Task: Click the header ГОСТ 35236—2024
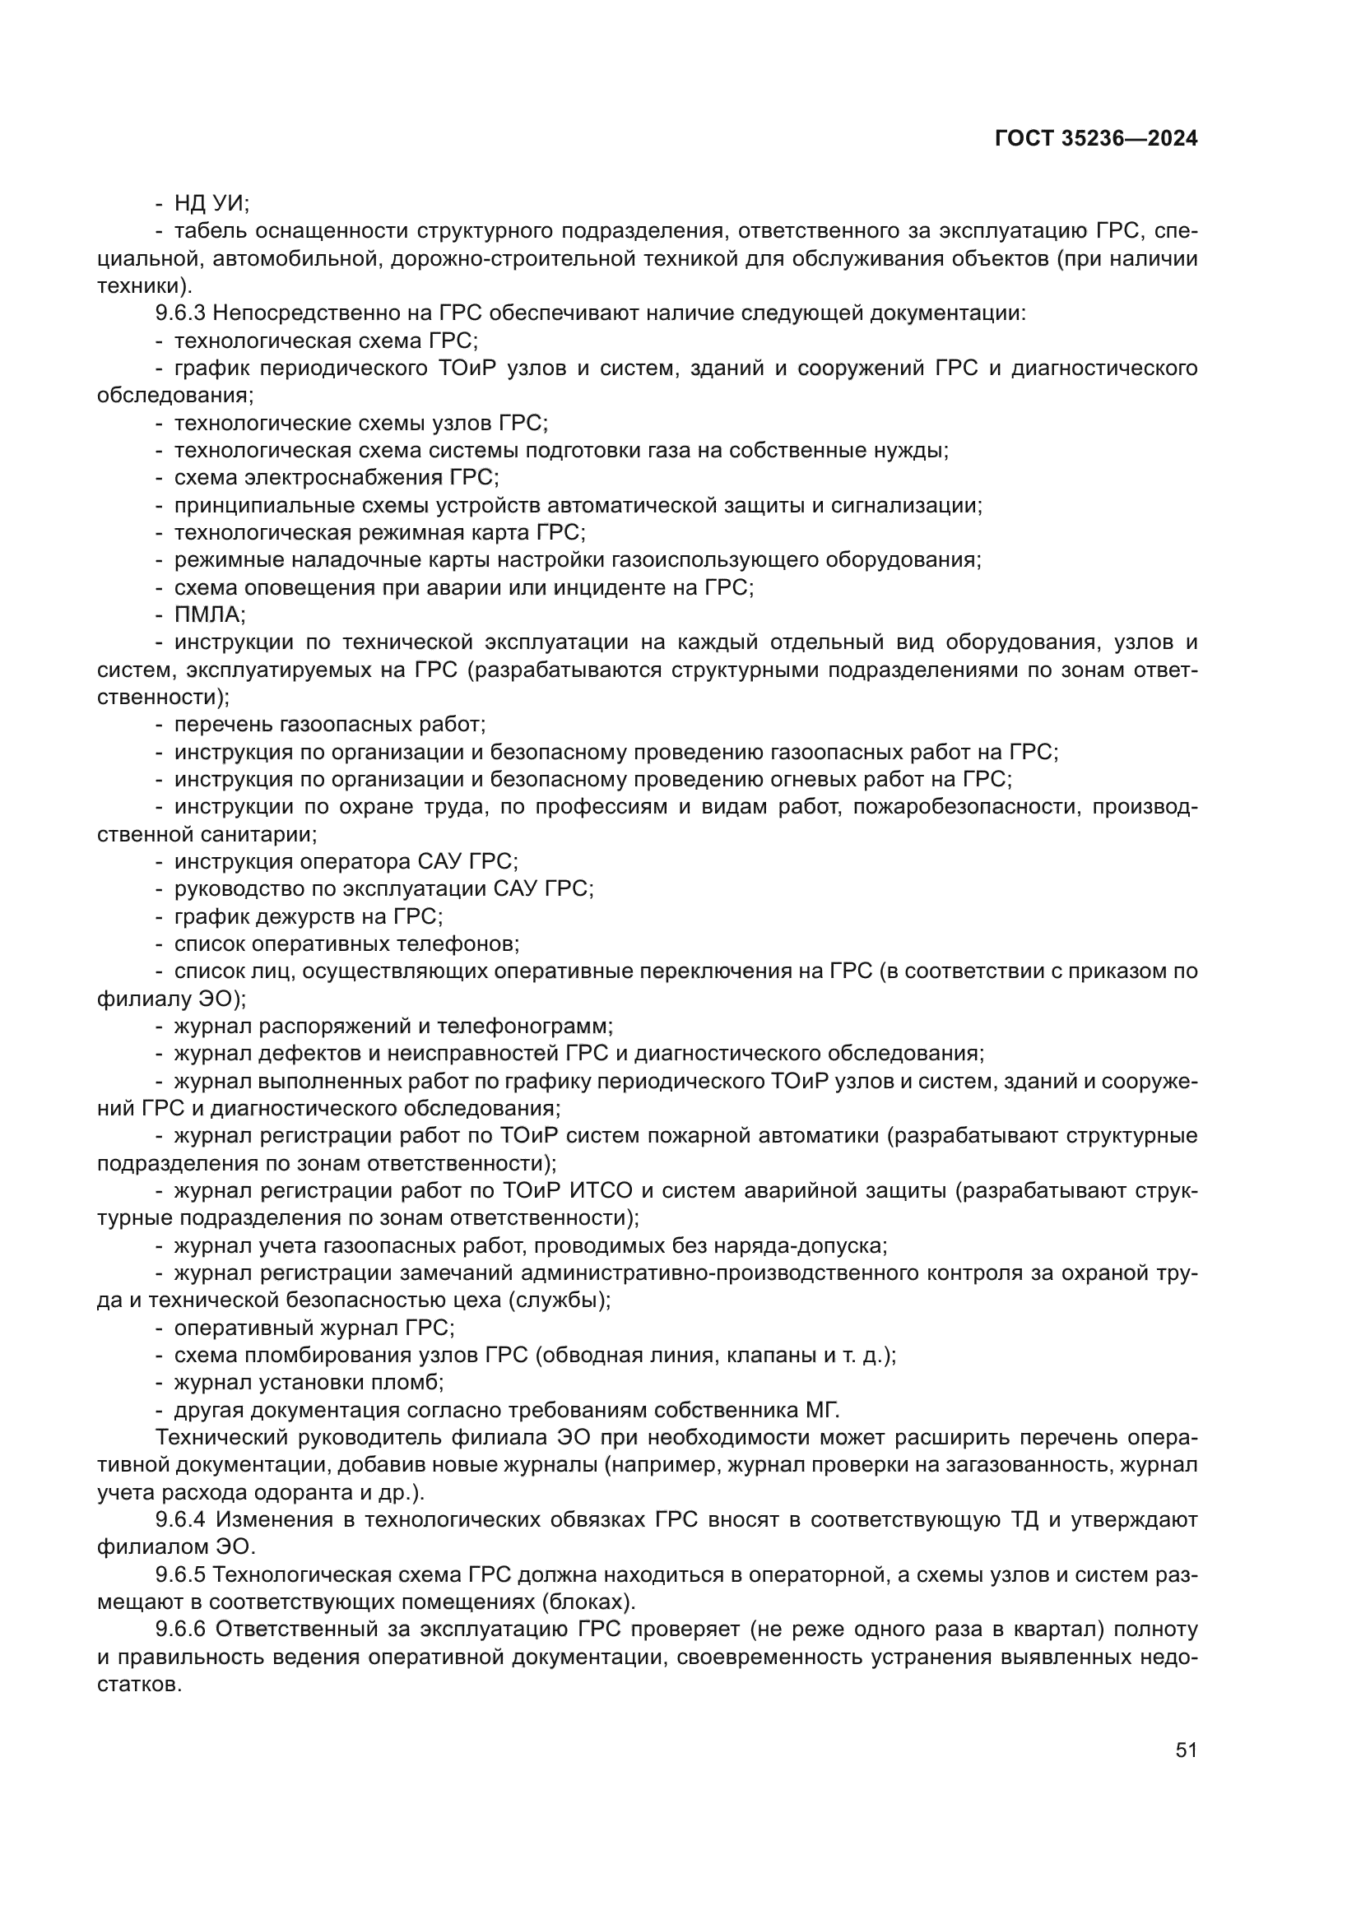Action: click(x=1095, y=139)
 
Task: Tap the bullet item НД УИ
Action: click(x=211, y=204)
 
